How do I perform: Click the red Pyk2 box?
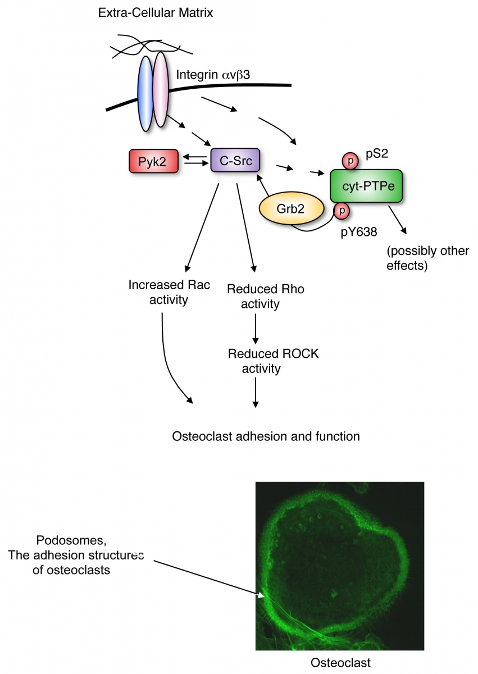pos(153,162)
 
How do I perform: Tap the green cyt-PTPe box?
pos(366,186)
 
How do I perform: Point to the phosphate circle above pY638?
pos(340,211)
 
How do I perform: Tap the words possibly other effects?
pos(427,258)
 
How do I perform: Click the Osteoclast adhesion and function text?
pos(266,436)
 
